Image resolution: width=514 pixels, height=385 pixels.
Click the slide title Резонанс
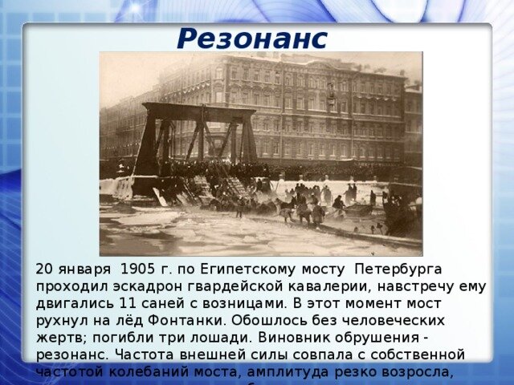pyautogui.click(x=252, y=38)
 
